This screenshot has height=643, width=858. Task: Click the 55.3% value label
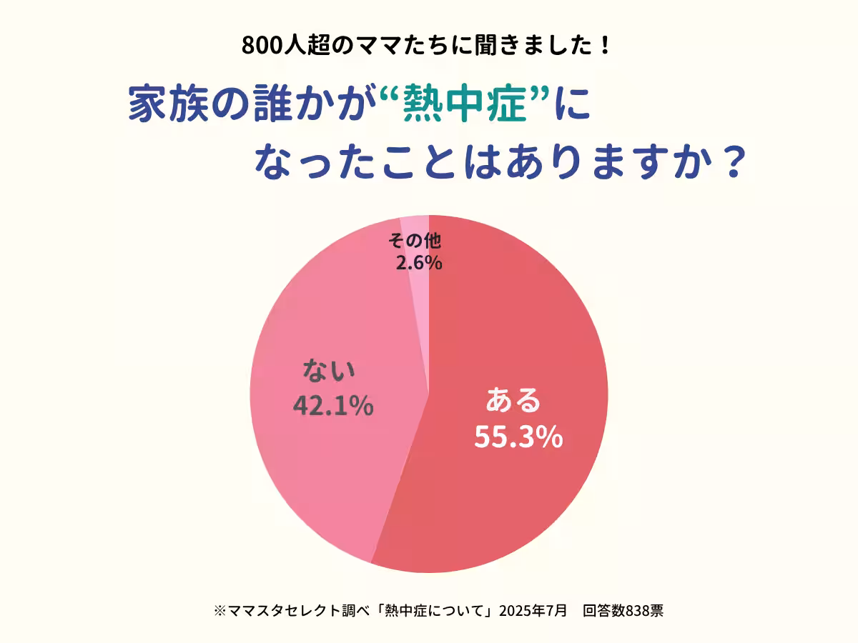point(518,438)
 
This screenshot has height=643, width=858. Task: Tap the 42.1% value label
point(333,405)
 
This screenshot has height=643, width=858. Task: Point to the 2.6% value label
point(419,263)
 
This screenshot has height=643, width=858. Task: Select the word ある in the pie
point(513,402)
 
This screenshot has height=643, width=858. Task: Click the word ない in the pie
point(329,372)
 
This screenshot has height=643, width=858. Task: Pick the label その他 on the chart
point(414,240)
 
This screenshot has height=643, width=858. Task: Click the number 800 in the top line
point(260,46)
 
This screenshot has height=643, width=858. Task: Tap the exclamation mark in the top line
point(605,46)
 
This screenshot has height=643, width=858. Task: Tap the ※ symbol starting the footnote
point(220,611)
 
